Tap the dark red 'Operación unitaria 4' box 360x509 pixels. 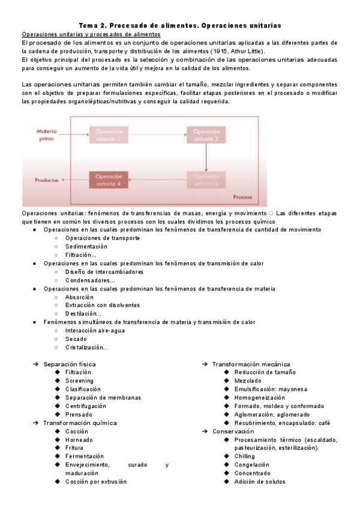tap(109, 180)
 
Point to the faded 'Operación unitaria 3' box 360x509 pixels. tap(206, 180)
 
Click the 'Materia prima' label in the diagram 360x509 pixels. tap(46, 134)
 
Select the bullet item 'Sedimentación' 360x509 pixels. tap(86, 247)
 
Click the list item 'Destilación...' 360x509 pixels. tap(83, 314)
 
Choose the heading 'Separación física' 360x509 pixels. tap(69, 364)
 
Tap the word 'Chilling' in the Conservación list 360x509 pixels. tap(244, 456)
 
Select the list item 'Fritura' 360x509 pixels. tap(74, 448)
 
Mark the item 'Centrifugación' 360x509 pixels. tap(89, 406)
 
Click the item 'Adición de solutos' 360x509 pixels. tap(259, 481)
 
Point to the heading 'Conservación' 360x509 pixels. tap(233, 432)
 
